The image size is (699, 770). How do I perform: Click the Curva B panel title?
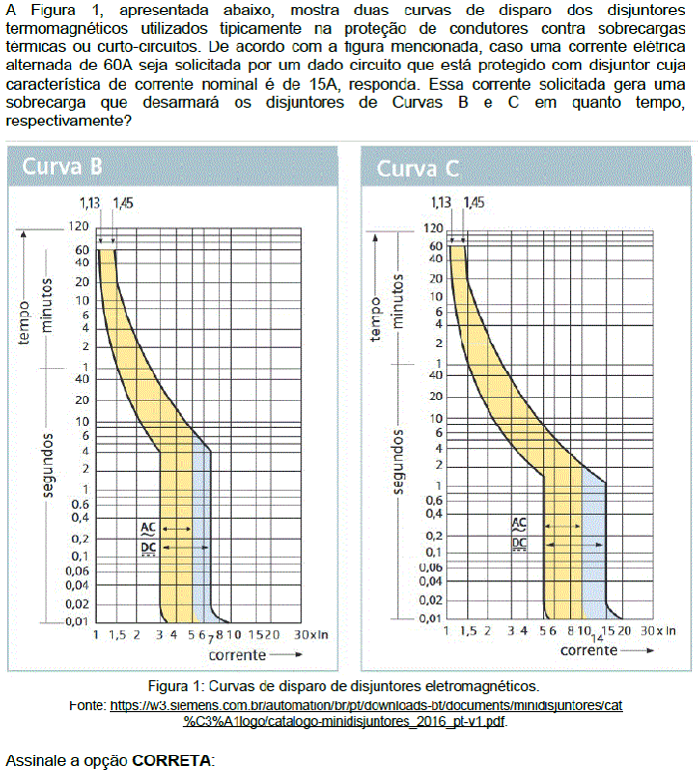click(x=62, y=167)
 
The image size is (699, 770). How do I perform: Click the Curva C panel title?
click(x=417, y=168)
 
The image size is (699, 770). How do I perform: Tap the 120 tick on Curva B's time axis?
click(x=78, y=226)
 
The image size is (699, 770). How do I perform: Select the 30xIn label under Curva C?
click(x=658, y=631)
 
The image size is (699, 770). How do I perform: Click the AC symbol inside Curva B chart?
click(x=148, y=526)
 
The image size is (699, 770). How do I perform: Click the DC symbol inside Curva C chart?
click(x=519, y=543)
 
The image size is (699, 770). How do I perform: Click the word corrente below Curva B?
click(x=238, y=655)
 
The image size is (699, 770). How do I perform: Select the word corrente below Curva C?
click(x=588, y=650)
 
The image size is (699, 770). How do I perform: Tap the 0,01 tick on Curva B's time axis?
click(x=76, y=620)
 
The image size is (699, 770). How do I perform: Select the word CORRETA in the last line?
click(x=172, y=760)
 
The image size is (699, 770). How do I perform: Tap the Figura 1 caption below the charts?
click(x=343, y=686)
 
